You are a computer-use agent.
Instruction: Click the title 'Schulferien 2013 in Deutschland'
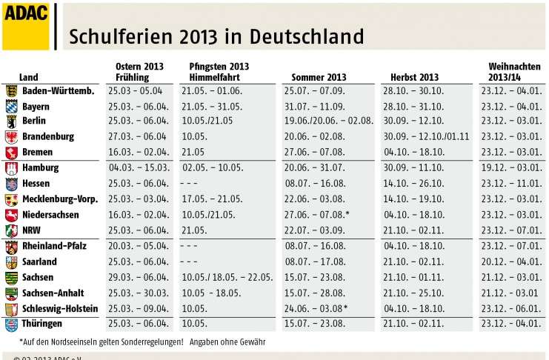tap(216, 37)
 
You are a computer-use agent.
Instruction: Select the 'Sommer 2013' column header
tap(319, 77)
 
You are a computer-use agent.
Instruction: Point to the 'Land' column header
tap(29, 77)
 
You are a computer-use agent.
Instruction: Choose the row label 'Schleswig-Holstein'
tap(60, 308)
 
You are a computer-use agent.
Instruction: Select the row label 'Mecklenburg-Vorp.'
tap(60, 199)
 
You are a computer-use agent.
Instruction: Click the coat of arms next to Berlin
tap(11, 121)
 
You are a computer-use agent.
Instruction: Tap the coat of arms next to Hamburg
tap(11, 168)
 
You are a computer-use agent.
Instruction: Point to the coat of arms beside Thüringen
tap(11, 324)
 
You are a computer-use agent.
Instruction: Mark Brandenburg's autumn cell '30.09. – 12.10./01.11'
tap(427, 137)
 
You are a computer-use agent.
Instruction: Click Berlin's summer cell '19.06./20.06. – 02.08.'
tap(328, 121)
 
